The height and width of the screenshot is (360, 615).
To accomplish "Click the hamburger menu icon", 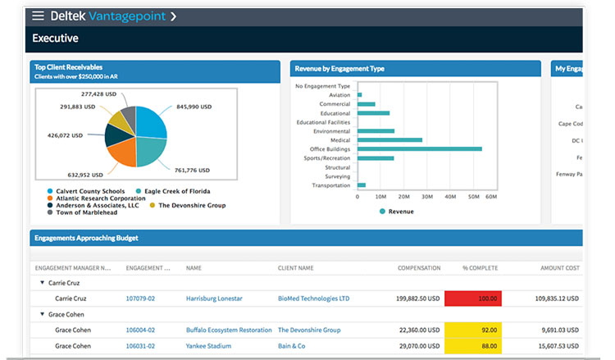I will coord(38,16).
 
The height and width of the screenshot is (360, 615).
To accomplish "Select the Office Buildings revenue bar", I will coord(419,149).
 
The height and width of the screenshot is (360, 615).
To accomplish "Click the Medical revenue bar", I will coord(389,140).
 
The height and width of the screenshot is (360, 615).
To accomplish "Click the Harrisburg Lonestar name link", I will coord(220,298).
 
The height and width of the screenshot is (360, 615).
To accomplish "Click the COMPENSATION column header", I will coord(418,268).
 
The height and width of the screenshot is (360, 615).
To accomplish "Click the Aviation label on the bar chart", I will coord(339,95).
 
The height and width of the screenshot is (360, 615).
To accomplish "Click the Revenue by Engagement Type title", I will coord(339,69).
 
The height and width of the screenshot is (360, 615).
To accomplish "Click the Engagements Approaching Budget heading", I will coord(86,239).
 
